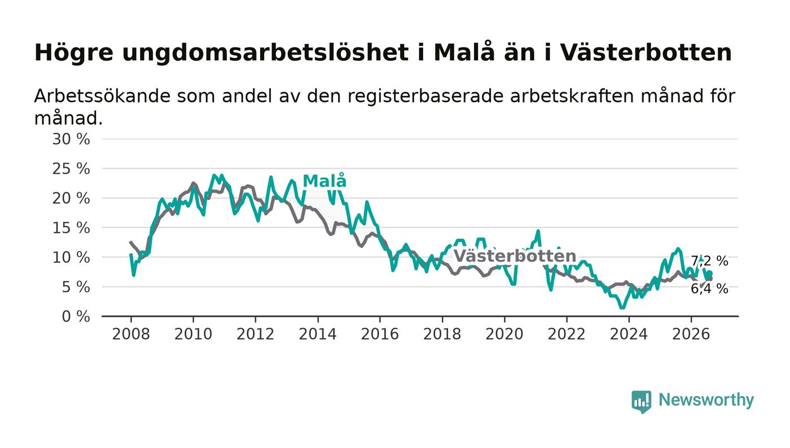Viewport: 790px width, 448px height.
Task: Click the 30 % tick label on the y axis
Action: point(71,139)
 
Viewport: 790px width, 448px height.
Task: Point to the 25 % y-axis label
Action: point(71,169)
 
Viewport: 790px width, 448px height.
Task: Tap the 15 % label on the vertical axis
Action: point(71,228)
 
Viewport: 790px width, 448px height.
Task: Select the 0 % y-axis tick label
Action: point(76,317)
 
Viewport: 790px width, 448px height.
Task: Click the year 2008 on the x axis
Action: point(131,334)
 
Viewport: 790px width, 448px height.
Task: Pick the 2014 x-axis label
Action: point(317,334)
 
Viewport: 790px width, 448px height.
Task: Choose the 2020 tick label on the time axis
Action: point(504,334)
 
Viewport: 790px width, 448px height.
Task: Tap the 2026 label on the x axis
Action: point(691,334)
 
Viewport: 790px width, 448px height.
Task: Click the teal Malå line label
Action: point(324,181)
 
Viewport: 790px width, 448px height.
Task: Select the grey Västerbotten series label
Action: point(515,256)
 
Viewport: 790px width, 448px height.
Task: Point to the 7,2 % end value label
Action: point(709,261)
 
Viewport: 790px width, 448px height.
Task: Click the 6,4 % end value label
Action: point(709,288)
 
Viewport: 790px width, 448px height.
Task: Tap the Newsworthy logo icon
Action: point(641,401)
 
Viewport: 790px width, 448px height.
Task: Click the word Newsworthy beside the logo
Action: point(706,400)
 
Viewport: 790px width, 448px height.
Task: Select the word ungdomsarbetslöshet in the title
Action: point(265,53)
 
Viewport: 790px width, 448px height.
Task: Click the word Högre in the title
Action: point(74,53)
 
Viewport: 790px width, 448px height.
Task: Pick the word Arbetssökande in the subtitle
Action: point(102,96)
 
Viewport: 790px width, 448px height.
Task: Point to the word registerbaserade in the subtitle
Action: point(425,96)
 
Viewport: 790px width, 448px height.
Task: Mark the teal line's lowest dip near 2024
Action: point(622,308)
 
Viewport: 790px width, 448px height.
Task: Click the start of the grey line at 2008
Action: point(130,242)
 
